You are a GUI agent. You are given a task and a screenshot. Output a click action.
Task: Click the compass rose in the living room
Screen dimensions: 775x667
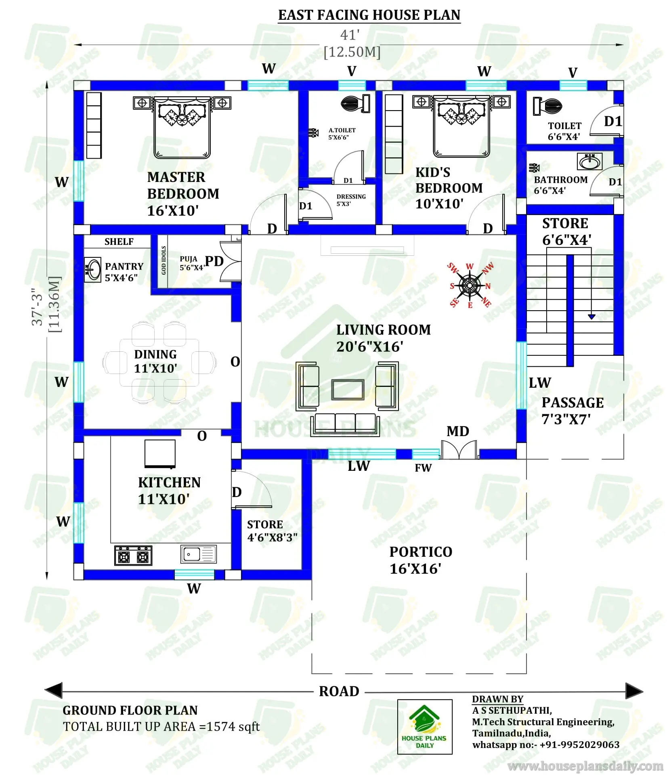click(x=470, y=286)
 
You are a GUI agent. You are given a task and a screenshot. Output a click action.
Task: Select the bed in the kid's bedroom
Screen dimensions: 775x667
click(x=461, y=126)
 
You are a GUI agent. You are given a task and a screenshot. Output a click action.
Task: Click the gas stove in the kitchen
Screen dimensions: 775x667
click(x=133, y=556)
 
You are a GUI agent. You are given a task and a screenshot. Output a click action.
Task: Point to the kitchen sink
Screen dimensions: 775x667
click(x=198, y=554)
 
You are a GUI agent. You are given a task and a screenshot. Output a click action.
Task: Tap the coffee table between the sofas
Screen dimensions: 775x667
click(x=348, y=389)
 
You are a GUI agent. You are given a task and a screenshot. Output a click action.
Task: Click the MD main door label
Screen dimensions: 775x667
click(x=457, y=431)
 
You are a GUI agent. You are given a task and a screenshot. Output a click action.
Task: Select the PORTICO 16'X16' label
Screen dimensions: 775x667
click(x=420, y=560)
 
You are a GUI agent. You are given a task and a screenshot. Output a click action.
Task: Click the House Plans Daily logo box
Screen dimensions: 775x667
click(x=424, y=727)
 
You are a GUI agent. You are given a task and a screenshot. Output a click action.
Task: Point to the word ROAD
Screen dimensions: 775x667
click(x=339, y=691)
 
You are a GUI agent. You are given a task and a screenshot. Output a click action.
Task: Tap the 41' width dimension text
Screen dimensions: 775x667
click(x=350, y=35)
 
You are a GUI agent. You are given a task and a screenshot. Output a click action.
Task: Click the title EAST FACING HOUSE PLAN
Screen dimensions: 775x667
click(x=369, y=15)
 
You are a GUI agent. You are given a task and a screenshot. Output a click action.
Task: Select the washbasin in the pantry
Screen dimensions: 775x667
click(x=93, y=269)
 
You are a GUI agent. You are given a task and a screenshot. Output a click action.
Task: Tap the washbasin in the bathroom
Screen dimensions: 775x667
click(x=589, y=161)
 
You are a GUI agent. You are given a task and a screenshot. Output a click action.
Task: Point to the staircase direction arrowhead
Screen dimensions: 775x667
click(x=591, y=317)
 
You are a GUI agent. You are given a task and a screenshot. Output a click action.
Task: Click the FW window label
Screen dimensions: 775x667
click(x=423, y=468)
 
